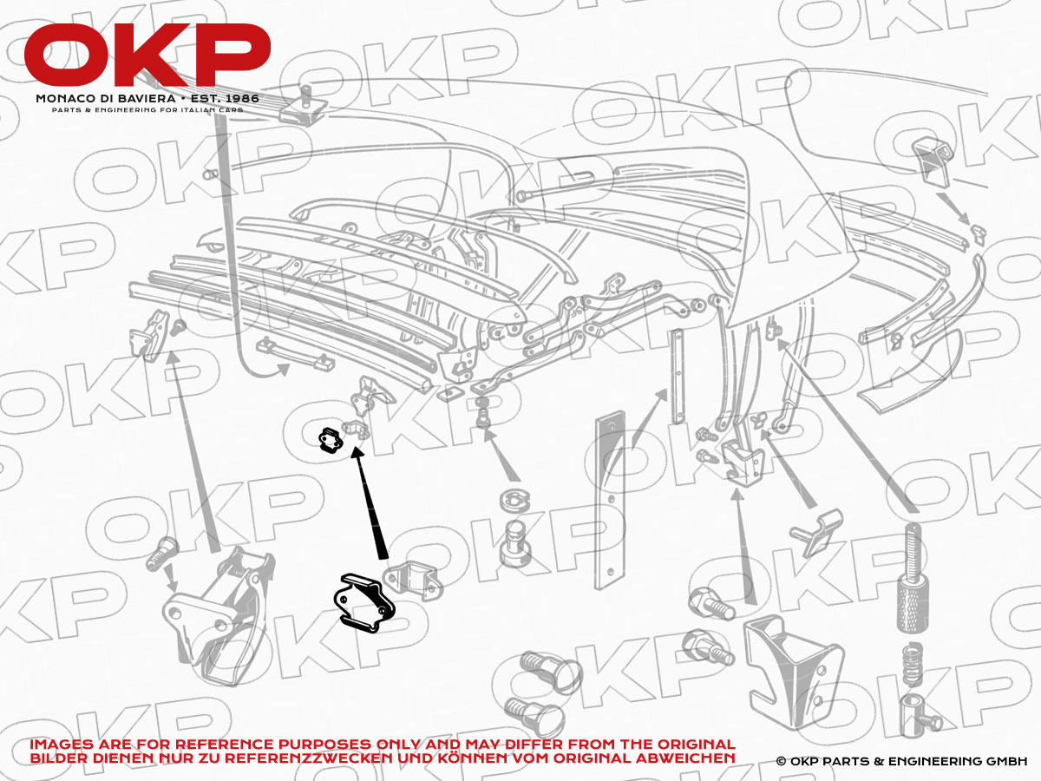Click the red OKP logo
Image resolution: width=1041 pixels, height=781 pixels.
[x=147, y=55]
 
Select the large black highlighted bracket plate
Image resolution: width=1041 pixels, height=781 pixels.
[x=364, y=603]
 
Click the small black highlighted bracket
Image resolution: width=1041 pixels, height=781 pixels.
[x=330, y=440]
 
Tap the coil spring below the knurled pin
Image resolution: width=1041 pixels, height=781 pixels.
[x=912, y=664]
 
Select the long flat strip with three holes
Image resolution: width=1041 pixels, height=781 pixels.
[x=610, y=501]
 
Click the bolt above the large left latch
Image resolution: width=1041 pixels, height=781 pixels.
[x=161, y=553]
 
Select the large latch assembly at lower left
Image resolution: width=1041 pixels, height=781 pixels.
[x=218, y=616]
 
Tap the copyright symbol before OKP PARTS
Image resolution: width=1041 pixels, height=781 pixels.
[x=781, y=761]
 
